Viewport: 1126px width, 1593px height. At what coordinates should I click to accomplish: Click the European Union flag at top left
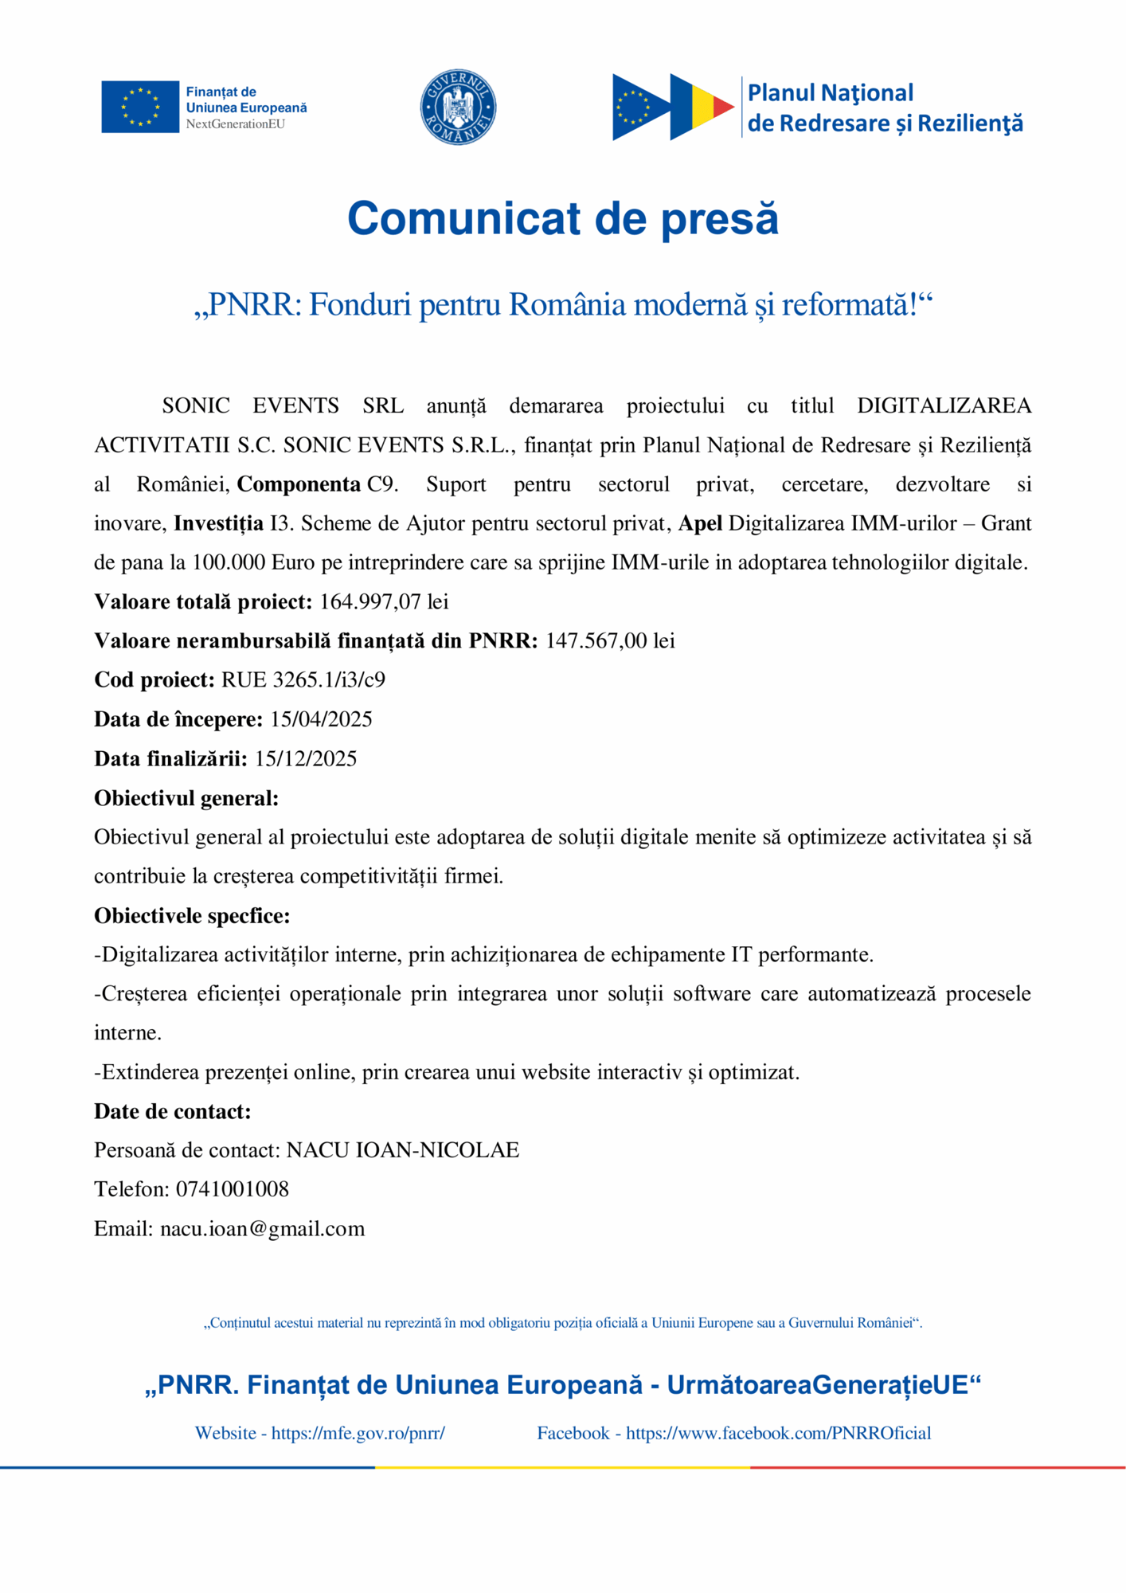click(140, 107)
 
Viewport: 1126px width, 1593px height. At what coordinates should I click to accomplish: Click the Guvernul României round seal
click(458, 107)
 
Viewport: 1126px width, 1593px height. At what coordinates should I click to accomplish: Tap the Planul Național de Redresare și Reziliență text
click(884, 108)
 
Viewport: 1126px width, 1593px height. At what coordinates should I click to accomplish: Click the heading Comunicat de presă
click(562, 218)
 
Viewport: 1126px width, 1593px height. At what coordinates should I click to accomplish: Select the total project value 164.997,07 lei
click(384, 602)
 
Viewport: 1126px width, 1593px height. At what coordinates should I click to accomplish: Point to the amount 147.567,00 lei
click(610, 641)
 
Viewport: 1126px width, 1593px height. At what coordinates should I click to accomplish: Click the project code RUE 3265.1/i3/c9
click(303, 680)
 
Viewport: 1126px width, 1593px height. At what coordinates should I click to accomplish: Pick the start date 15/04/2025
click(321, 719)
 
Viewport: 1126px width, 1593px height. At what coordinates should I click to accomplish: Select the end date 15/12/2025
click(306, 758)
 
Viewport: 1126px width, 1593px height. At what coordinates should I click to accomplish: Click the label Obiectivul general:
click(186, 798)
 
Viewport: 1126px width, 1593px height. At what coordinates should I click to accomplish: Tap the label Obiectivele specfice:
click(192, 916)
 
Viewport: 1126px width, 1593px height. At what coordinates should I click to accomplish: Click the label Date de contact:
click(173, 1111)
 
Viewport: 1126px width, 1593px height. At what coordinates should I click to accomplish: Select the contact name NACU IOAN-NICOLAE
click(403, 1150)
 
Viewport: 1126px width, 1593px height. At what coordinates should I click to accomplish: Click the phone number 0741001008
click(233, 1189)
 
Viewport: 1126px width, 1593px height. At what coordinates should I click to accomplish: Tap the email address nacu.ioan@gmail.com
click(263, 1229)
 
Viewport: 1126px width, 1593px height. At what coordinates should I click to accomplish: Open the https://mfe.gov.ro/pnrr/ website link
click(358, 1434)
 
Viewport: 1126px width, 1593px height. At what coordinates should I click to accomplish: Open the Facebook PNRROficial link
click(778, 1434)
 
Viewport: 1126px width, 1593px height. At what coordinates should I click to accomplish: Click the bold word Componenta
click(299, 484)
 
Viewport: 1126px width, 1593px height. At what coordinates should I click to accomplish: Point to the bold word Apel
click(700, 523)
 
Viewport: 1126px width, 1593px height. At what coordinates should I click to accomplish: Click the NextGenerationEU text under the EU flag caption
click(235, 124)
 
